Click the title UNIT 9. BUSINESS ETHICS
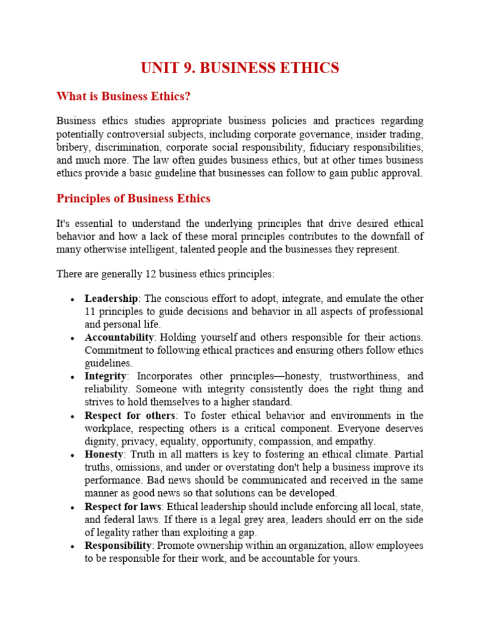coord(240,67)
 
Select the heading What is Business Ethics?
coord(123,96)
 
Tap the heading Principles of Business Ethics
coord(133,199)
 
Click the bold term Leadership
coord(111,298)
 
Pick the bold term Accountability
coord(119,337)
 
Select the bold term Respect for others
coord(130,416)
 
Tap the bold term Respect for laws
coord(124,506)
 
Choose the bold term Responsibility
coord(119,546)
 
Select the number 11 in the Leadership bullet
coord(91,311)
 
